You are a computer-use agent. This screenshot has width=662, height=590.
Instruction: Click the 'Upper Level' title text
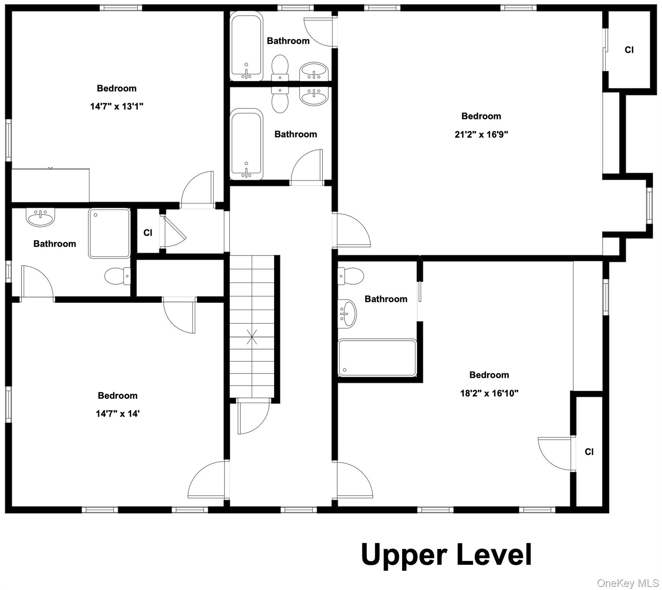pyautogui.click(x=446, y=555)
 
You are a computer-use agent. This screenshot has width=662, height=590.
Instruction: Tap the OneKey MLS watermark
pyautogui.click(x=628, y=583)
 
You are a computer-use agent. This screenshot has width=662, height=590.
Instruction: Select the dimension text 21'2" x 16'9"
pyautogui.click(x=481, y=134)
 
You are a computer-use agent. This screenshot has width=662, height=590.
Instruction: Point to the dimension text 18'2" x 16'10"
pyautogui.click(x=489, y=393)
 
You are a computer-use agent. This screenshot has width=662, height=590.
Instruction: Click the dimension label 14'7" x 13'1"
pyautogui.click(x=117, y=106)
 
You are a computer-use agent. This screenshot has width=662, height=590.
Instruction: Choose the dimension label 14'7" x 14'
pyautogui.click(x=118, y=414)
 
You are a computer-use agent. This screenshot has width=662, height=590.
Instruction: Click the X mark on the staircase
pyautogui.click(x=252, y=336)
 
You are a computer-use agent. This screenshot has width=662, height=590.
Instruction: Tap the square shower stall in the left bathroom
pyautogui.click(x=110, y=233)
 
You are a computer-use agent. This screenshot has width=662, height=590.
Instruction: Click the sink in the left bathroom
pyautogui.click(x=40, y=217)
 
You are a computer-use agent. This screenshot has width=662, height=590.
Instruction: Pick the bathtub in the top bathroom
pyautogui.click(x=246, y=46)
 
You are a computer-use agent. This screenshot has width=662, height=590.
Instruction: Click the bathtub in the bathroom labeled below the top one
pyautogui.click(x=246, y=144)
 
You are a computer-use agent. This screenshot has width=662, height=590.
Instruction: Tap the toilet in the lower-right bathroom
pyautogui.click(x=351, y=276)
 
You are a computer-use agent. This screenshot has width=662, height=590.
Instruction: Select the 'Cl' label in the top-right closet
pyautogui.click(x=629, y=50)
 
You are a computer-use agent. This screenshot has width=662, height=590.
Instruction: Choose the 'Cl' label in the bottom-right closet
pyautogui.click(x=589, y=452)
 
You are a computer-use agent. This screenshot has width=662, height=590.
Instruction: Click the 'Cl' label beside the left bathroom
pyautogui.click(x=148, y=233)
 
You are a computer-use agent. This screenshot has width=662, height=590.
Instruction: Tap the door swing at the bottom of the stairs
pyautogui.click(x=253, y=416)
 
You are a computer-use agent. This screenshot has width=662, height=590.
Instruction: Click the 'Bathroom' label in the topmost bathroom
pyautogui.click(x=288, y=41)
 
